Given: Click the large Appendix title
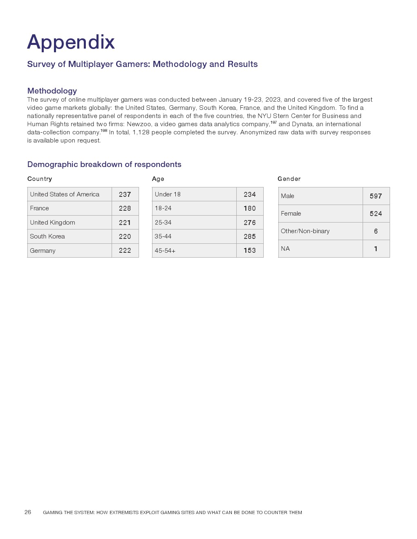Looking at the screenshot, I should (71, 42).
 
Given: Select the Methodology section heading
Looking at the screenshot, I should (52, 91).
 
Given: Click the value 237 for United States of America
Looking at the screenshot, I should (125, 194).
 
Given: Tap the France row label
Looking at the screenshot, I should (39, 208).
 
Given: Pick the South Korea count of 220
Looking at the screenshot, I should (125, 236).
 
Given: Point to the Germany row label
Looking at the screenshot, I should (43, 251).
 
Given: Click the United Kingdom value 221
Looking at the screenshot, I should (125, 223).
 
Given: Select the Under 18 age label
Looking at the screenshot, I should (168, 194).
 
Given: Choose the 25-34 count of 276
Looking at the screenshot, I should (249, 223).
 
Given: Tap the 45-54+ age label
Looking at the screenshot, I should (165, 251).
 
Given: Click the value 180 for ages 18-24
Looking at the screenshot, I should (249, 208).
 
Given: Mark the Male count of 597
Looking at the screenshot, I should (376, 196).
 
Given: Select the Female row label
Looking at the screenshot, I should (291, 214).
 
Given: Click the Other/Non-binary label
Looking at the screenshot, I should (305, 231).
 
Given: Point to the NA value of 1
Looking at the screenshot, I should (376, 249).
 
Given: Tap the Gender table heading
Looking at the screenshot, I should (289, 179).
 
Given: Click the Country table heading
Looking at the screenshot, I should (40, 179).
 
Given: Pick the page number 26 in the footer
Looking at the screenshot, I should (28, 512).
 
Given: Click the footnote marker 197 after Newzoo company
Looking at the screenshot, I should (274, 122).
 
